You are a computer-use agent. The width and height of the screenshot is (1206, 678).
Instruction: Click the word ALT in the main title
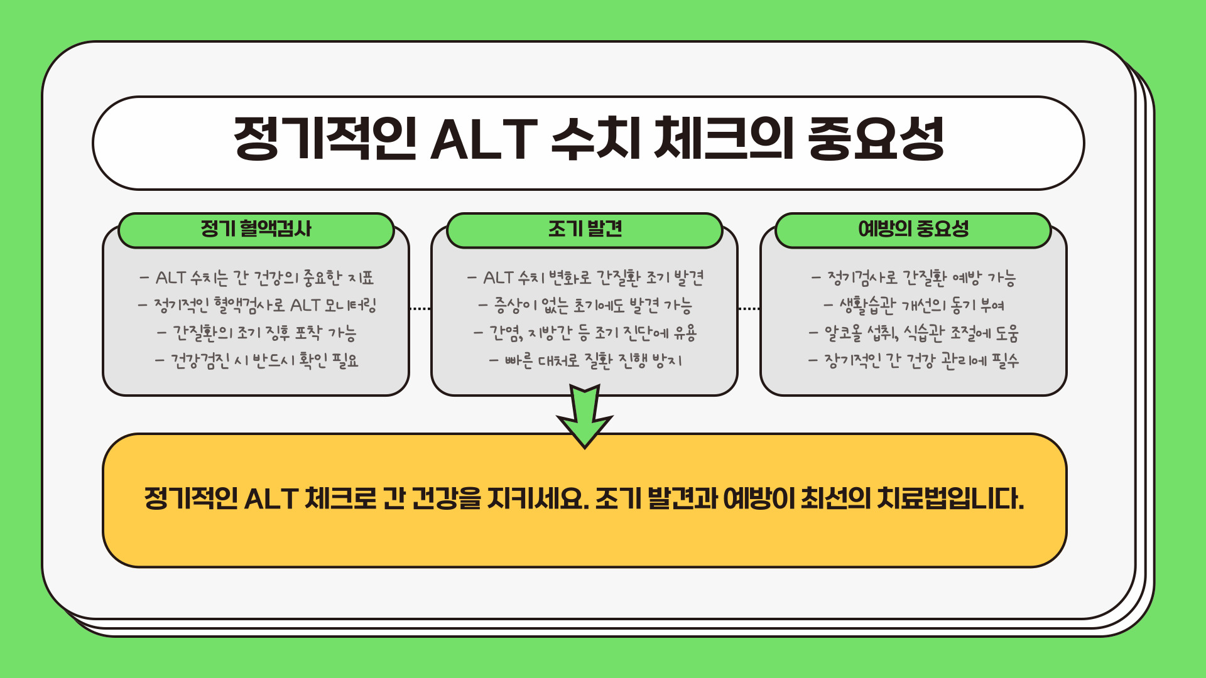click(483, 139)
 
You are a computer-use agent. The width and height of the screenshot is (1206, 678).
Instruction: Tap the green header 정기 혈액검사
click(256, 229)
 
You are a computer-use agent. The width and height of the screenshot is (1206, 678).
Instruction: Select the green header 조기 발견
click(585, 229)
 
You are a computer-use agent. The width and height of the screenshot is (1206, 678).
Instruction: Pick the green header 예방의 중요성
click(913, 229)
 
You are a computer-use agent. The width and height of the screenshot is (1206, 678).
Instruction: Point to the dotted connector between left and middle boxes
click(420, 308)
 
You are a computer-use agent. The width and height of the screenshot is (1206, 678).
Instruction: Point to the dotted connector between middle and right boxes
click(749, 308)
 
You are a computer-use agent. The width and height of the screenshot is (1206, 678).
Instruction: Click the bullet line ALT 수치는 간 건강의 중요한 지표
click(257, 277)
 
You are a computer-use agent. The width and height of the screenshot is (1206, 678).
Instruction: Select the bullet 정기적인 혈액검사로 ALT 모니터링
click(257, 305)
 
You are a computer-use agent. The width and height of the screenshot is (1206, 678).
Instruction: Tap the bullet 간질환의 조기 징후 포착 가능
click(257, 333)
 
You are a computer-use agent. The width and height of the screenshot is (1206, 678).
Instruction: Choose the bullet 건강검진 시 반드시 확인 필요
click(257, 360)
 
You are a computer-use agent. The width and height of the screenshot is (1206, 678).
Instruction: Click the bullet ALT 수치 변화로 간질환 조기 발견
click(585, 277)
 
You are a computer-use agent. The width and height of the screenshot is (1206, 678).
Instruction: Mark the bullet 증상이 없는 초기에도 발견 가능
click(585, 305)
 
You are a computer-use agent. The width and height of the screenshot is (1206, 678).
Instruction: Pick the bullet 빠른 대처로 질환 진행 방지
click(585, 360)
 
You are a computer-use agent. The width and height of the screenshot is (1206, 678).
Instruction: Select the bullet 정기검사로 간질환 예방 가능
click(914, 277)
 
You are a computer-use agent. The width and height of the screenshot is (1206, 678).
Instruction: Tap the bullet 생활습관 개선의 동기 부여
click(914, 305)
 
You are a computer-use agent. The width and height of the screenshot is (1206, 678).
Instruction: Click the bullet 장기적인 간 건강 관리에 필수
click(914, 360)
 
